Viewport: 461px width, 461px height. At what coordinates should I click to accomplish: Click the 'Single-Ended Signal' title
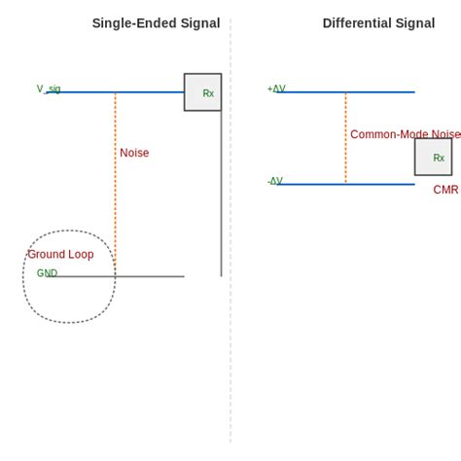[156, 23]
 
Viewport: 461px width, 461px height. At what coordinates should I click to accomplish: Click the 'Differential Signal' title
[378, 23]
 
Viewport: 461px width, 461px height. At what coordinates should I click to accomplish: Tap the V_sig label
[49, 89]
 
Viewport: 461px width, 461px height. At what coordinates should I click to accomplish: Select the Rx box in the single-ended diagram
[202, 92]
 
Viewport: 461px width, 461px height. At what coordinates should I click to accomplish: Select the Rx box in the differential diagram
[433, 157]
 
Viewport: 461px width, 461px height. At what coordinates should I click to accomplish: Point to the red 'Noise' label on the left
[134, 153]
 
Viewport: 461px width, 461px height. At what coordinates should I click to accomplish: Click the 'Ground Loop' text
[60, 255]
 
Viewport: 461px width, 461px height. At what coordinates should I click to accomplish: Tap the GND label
[47, 273]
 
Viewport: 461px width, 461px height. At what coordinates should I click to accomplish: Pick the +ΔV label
[276, 89]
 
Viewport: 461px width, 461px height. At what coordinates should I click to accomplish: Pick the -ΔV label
[275, 181]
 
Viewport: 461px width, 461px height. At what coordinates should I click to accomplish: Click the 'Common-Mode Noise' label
[405, 134]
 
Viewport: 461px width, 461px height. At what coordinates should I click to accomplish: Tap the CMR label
[445, 190]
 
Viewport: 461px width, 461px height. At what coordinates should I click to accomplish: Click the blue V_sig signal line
[146, 92]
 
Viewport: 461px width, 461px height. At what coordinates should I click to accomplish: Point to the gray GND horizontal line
[146, 276]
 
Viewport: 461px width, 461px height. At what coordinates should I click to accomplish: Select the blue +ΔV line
[379, 92]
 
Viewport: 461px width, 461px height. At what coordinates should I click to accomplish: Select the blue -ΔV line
[379, 184]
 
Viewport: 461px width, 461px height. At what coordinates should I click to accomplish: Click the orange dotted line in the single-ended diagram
[115, 195]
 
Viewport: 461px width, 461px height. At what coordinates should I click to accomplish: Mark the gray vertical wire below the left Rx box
[221, 195]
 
